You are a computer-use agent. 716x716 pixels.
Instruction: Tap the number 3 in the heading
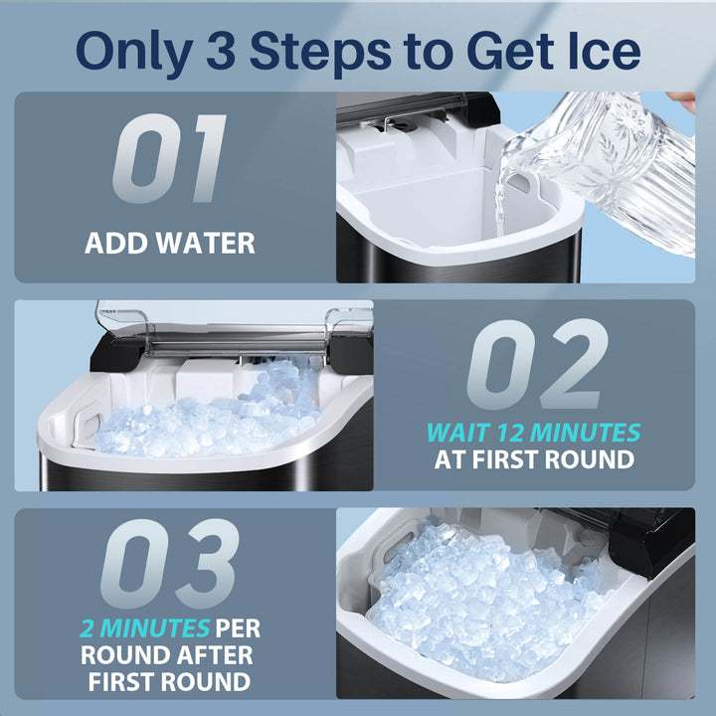[221, 51]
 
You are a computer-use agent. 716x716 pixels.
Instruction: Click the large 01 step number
[169, 158]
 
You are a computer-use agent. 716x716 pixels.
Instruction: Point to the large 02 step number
[537, 364]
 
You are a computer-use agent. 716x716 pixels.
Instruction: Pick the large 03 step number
[169, 563]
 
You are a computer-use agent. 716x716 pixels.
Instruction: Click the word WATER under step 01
[205, 243]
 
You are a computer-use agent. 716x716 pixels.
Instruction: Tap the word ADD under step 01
[116, 243]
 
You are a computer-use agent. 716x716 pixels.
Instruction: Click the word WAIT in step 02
[458, 433]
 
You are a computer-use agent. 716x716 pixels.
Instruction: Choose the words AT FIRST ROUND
[534, 459]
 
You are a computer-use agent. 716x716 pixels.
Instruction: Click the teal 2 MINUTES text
[144, 628]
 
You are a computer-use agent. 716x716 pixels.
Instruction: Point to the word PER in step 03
[238, 628]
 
